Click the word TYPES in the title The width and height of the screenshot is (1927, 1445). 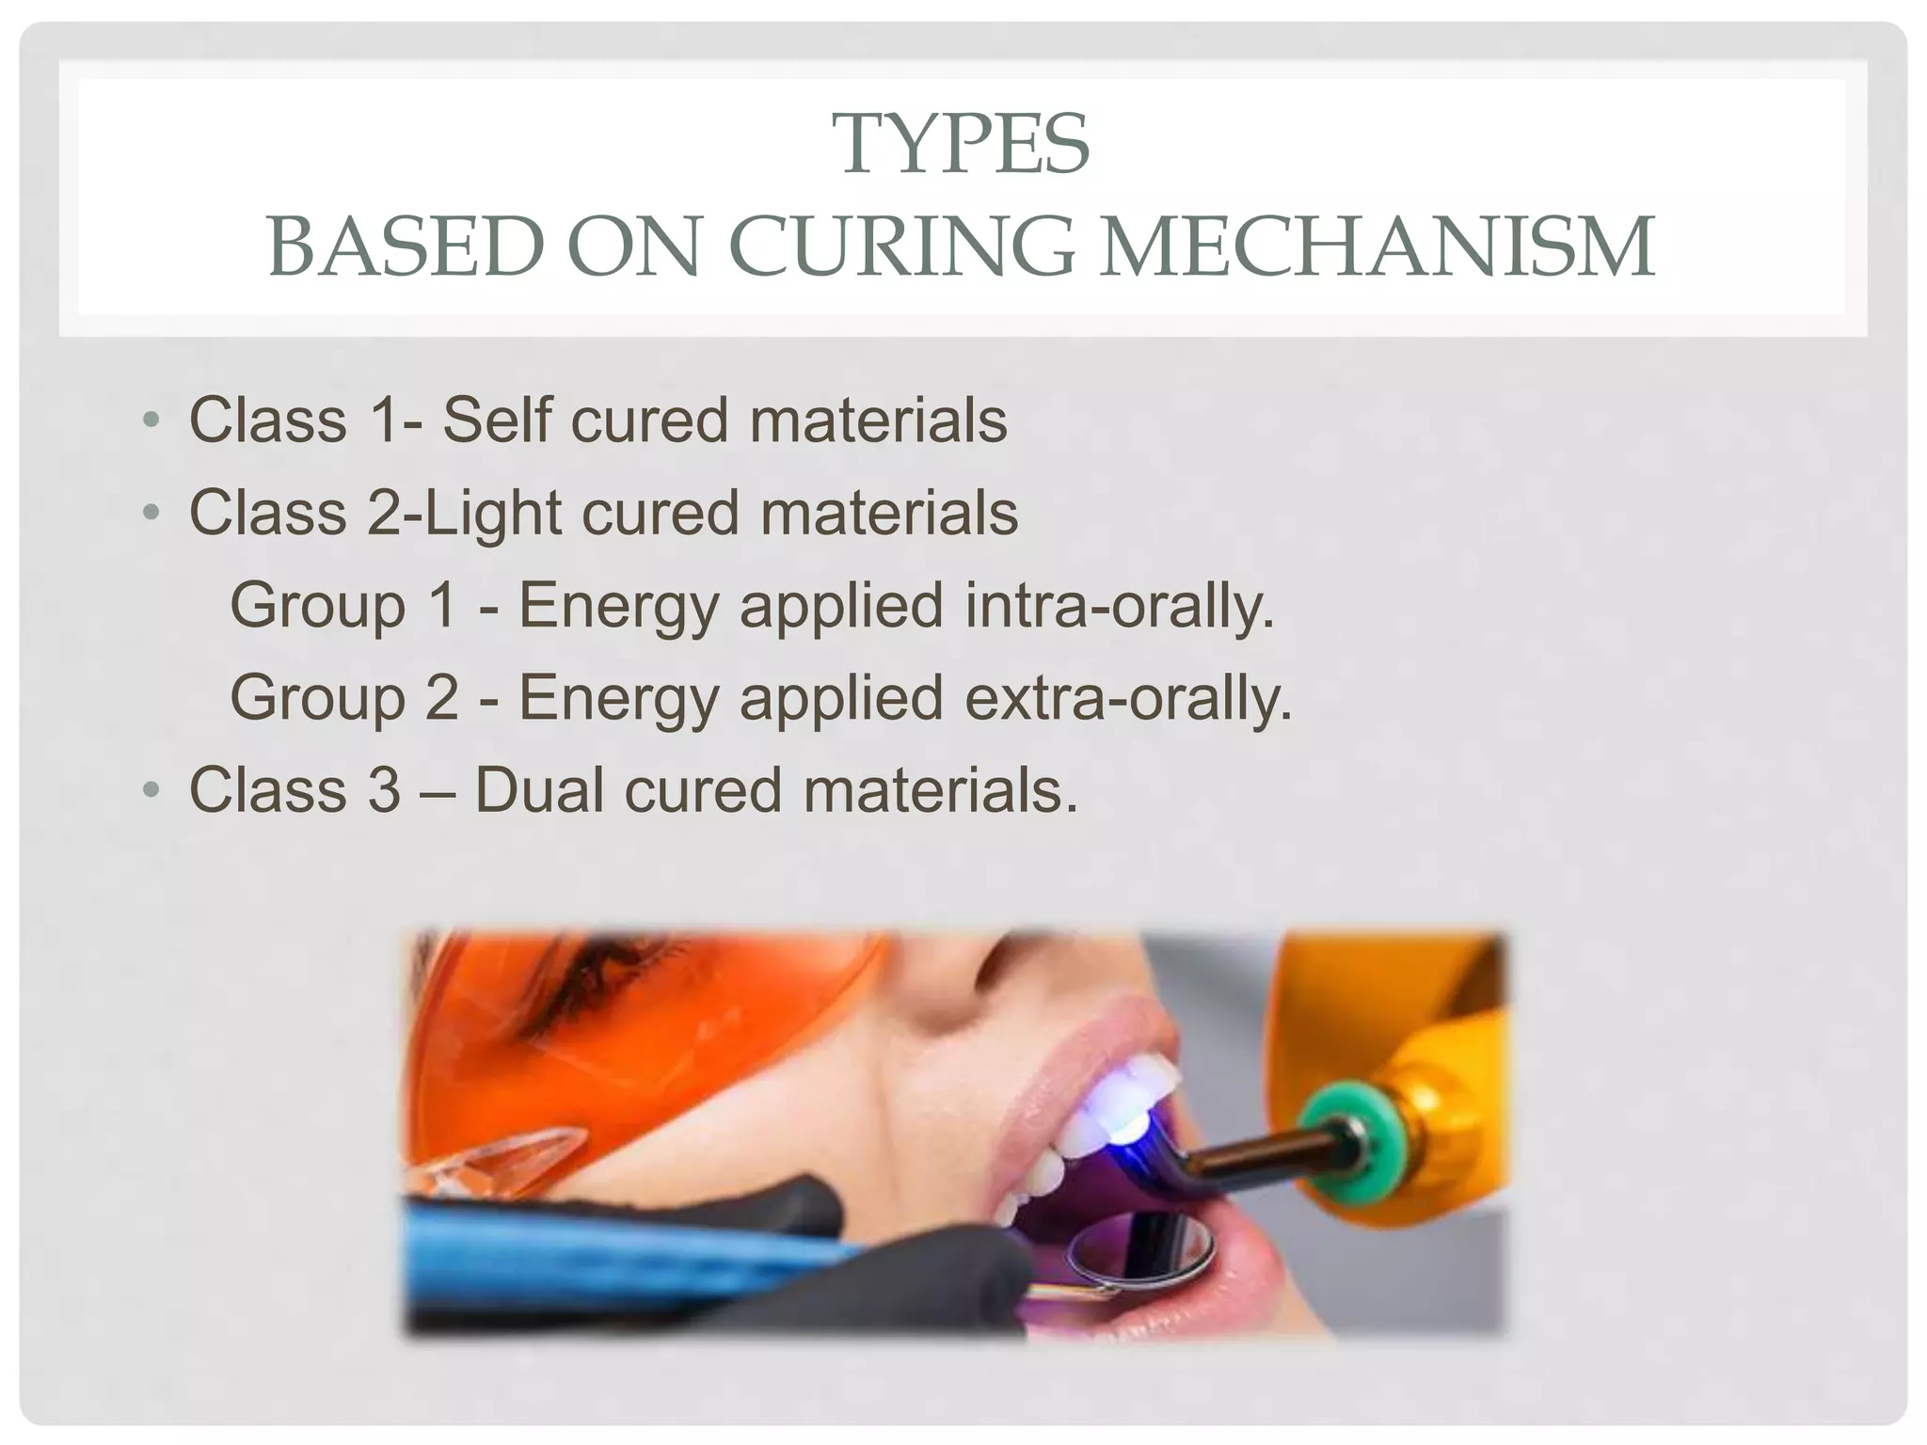tap(963, 145)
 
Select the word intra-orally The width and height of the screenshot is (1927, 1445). tap(1120, 605)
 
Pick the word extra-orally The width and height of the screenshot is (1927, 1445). tap(1129, 697)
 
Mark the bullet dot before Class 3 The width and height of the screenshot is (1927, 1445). tap(151, 789)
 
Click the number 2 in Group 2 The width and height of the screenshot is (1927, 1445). tap(440, 697)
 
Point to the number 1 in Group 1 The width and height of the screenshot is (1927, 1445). tap(440, 605)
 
